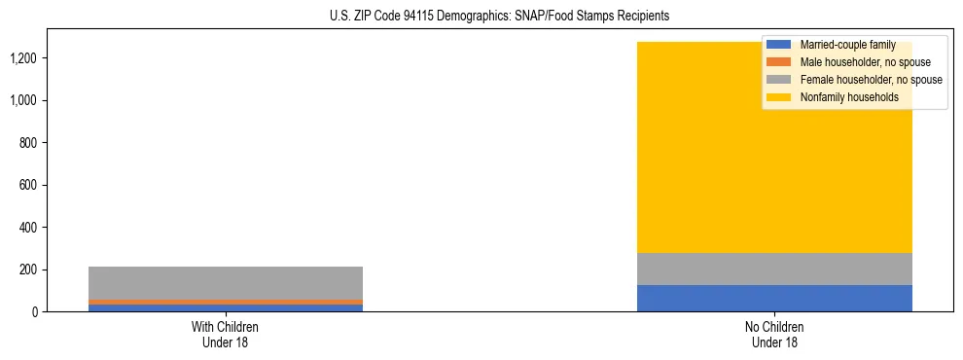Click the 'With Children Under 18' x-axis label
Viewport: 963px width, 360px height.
(x=225, y=334)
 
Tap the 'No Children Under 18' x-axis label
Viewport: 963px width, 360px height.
(x=774, y=334)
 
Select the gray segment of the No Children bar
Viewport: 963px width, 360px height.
(x=774, y=269)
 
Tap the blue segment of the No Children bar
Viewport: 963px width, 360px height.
(x=774, y=298)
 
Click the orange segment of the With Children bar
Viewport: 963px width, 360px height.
(x=225, y=302)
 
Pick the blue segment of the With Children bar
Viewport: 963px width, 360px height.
(x=225, y=308)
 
